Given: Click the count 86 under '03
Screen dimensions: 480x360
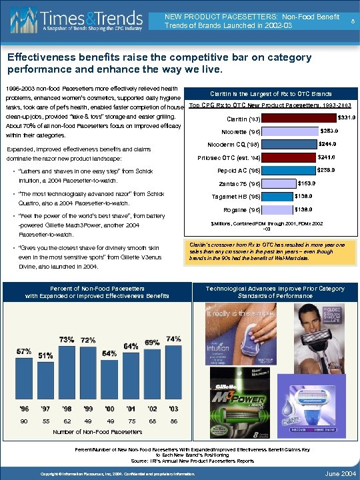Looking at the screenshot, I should [x=173, y=421].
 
